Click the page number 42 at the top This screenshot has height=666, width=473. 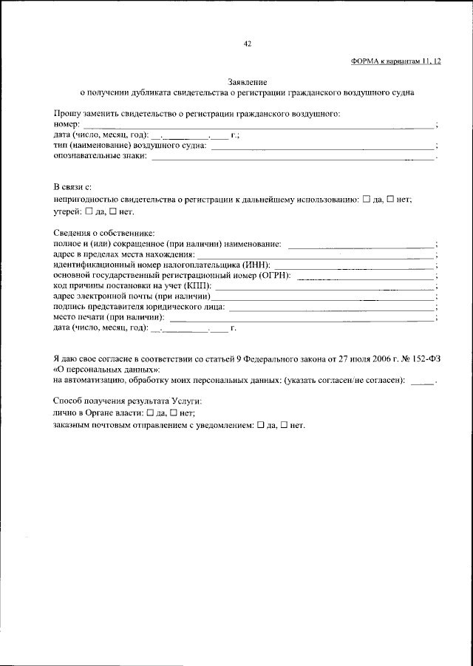[248, 44]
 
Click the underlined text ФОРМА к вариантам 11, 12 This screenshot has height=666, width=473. [395, 63]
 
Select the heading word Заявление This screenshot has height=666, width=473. [248, 82]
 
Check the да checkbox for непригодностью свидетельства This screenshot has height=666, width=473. [366, 200]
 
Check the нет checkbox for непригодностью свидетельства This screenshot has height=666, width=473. [391, 200]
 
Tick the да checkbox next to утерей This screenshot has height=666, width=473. [89, 212]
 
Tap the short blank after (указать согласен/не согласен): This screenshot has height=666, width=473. [421, 382]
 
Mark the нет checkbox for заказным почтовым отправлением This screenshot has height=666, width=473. [285, 427]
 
